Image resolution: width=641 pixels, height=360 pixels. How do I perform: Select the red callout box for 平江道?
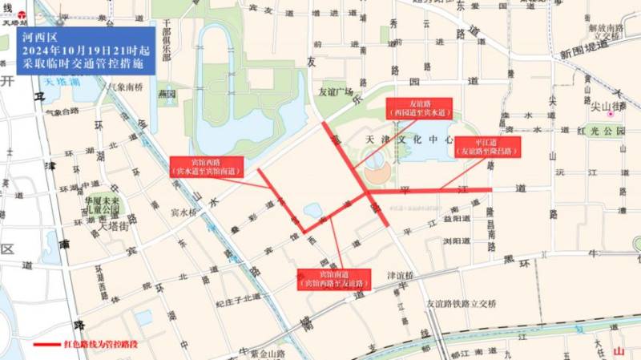coord(487,146)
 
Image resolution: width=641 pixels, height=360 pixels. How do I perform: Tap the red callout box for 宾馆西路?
coord(205,166)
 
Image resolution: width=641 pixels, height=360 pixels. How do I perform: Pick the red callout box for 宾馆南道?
coord(331,279)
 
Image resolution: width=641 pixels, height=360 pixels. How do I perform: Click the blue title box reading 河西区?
coord(85,51)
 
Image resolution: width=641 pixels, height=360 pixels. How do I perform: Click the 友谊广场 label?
coord(336,91)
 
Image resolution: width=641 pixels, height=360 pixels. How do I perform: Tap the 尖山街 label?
coord(611,105)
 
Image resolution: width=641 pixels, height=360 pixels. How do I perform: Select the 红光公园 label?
coord(600,130)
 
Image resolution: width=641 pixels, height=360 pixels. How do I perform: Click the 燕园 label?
coord(167,94)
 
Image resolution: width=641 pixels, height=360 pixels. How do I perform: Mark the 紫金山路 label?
coord(267,353)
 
